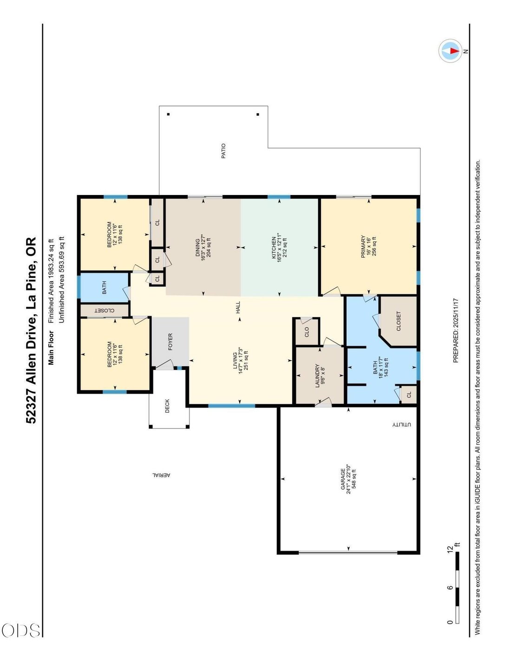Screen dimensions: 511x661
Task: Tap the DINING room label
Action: [197, 247]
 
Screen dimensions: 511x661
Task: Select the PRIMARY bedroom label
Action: [363, 246]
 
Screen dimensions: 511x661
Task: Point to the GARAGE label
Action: [343, 479]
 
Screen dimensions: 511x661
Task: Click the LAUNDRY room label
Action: [317, 376]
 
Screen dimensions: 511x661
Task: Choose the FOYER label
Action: [170, 342]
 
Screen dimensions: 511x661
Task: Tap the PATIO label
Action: [223, 151]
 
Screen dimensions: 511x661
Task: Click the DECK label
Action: [167, 406]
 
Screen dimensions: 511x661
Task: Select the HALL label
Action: [238, 307]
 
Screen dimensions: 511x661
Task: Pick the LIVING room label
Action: [235, 361]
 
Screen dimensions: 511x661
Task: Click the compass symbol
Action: [451, 51]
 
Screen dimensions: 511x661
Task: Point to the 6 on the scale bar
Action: [450, 588]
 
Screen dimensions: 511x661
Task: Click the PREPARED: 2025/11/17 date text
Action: [456, 330]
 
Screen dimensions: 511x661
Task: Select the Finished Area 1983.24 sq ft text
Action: [51, 280]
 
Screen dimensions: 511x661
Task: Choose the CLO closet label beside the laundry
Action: [307, 332]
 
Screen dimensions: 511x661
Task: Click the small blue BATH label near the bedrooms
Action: [104, 287]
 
